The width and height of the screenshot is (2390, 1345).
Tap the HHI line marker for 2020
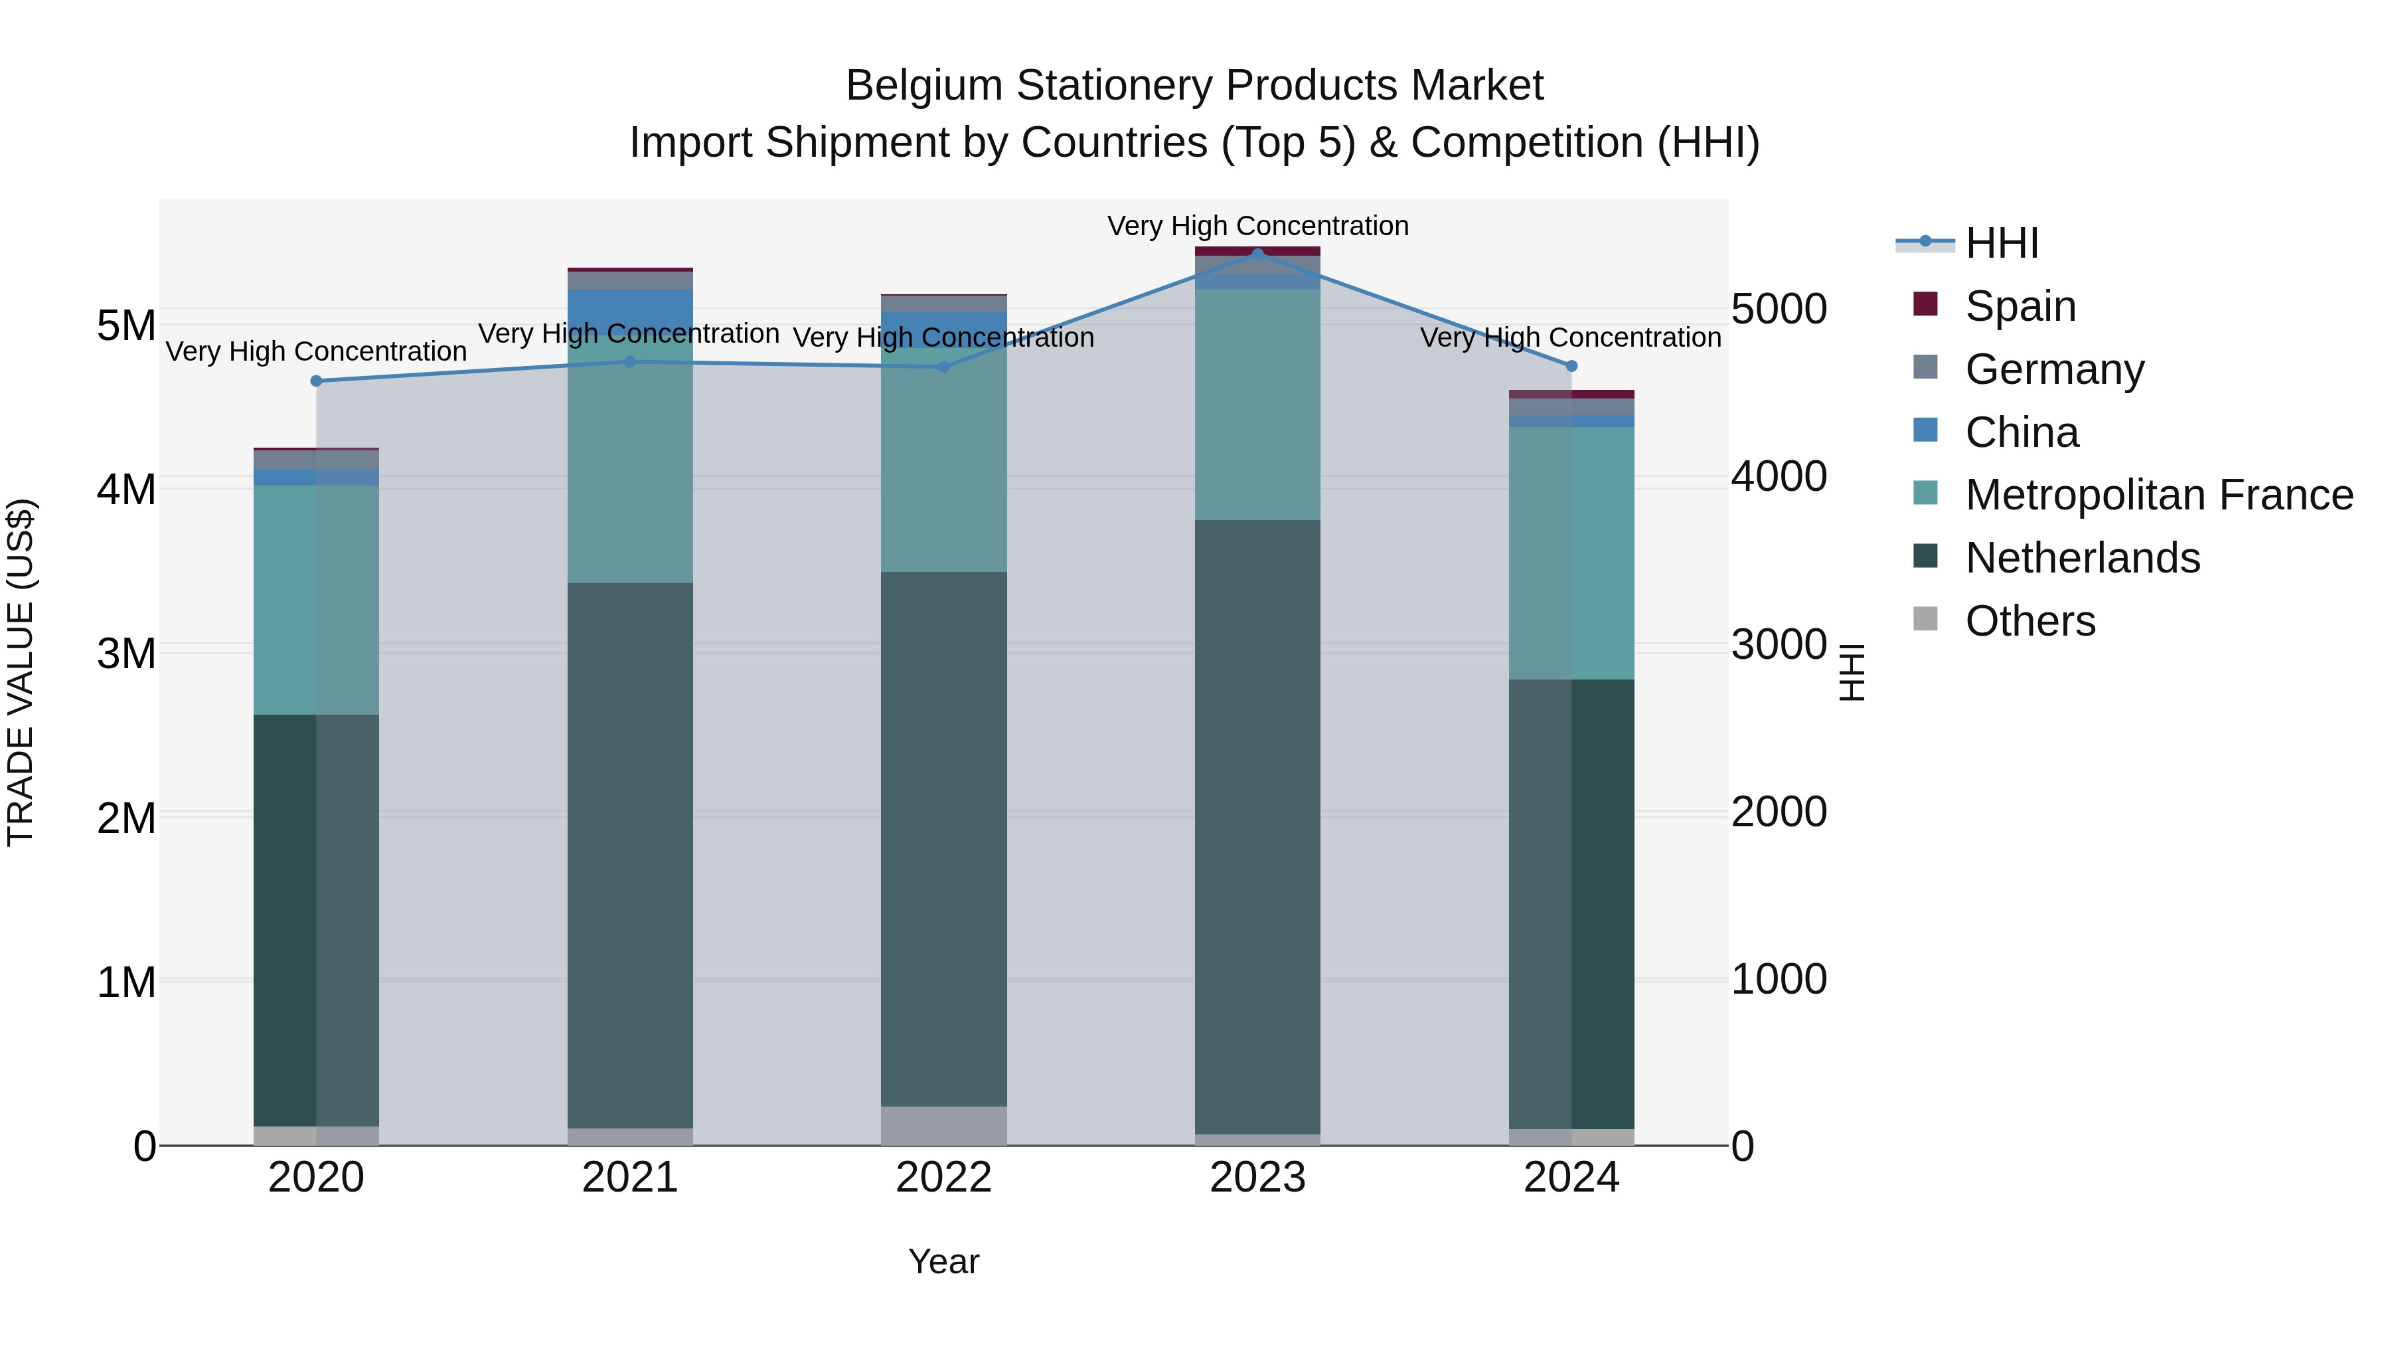(x=317, y=381)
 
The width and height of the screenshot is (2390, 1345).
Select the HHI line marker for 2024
(x=1571, y=366)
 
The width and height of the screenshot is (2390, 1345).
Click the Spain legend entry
(x=2019, y=306)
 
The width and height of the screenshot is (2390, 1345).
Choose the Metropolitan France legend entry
(x=2158, y=495)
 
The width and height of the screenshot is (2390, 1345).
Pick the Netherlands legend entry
(x=2081, y=558)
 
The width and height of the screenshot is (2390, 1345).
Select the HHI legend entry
(x=2000, y=243)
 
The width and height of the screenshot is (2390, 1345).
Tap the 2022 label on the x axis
(x=943, y=1178)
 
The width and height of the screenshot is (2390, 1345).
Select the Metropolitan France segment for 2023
(x=1257, y=404)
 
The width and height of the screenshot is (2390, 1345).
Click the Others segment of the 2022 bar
(x=943, y=1125)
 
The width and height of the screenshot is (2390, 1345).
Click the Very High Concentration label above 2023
(x=1257, y=226)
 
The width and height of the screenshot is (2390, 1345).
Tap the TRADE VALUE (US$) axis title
(x=21, y=672)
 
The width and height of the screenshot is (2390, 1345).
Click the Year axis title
(x=943, y=1261)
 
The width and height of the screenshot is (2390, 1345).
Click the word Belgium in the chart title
(x=924, y=86)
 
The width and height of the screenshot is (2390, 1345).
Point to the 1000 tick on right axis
(x=1779, y=979)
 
